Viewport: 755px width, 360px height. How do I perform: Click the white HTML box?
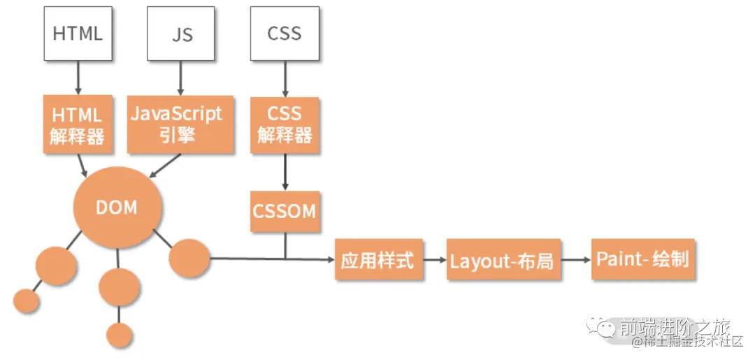[x=78, y=33]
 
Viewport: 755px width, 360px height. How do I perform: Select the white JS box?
[x=182, y=33]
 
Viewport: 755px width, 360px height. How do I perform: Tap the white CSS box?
[x=285, y=33]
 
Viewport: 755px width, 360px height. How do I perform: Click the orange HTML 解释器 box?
[x=78, y=124]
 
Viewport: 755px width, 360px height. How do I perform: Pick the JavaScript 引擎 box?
[x=176, y=124]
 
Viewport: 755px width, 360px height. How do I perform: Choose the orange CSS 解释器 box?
[x=285, y=124]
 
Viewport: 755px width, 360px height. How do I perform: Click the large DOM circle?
[x=117, y=208]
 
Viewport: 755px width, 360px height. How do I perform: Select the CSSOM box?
[x=285, y=212]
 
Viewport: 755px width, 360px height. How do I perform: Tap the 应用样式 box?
[x=378, y=260]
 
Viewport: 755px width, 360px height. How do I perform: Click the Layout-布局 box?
[x=503, y=260]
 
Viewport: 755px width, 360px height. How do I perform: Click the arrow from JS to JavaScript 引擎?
[x=181, y=78]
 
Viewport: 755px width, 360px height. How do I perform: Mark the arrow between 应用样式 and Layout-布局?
[x=435, y=259]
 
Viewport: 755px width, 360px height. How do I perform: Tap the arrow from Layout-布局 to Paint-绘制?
[x=576, y=259]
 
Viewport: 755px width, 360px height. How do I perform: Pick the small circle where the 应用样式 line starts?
[x=189, y=258]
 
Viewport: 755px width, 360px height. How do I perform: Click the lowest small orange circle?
[x=120, y=335]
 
